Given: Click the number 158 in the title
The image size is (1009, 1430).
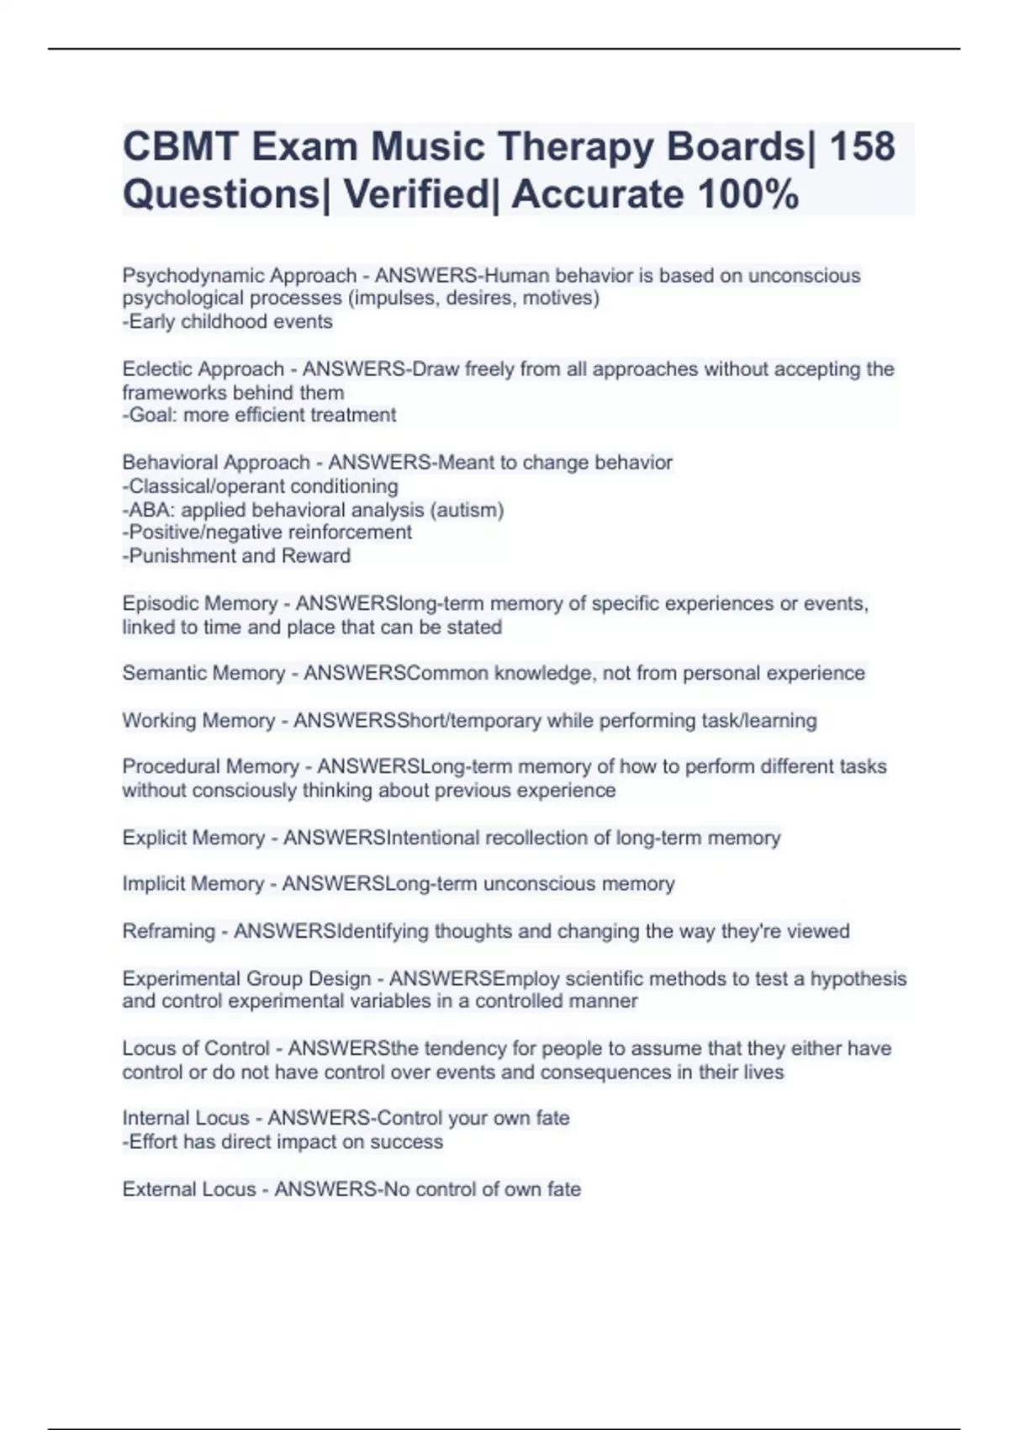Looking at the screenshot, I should coord(862,147).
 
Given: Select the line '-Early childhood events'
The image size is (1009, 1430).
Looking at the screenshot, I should coord(228,321).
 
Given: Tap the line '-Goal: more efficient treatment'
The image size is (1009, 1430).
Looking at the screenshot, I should coord(259,415).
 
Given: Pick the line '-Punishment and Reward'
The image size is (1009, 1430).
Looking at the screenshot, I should coord(236,556).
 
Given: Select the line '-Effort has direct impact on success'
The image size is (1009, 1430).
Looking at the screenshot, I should coord(283,1141).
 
